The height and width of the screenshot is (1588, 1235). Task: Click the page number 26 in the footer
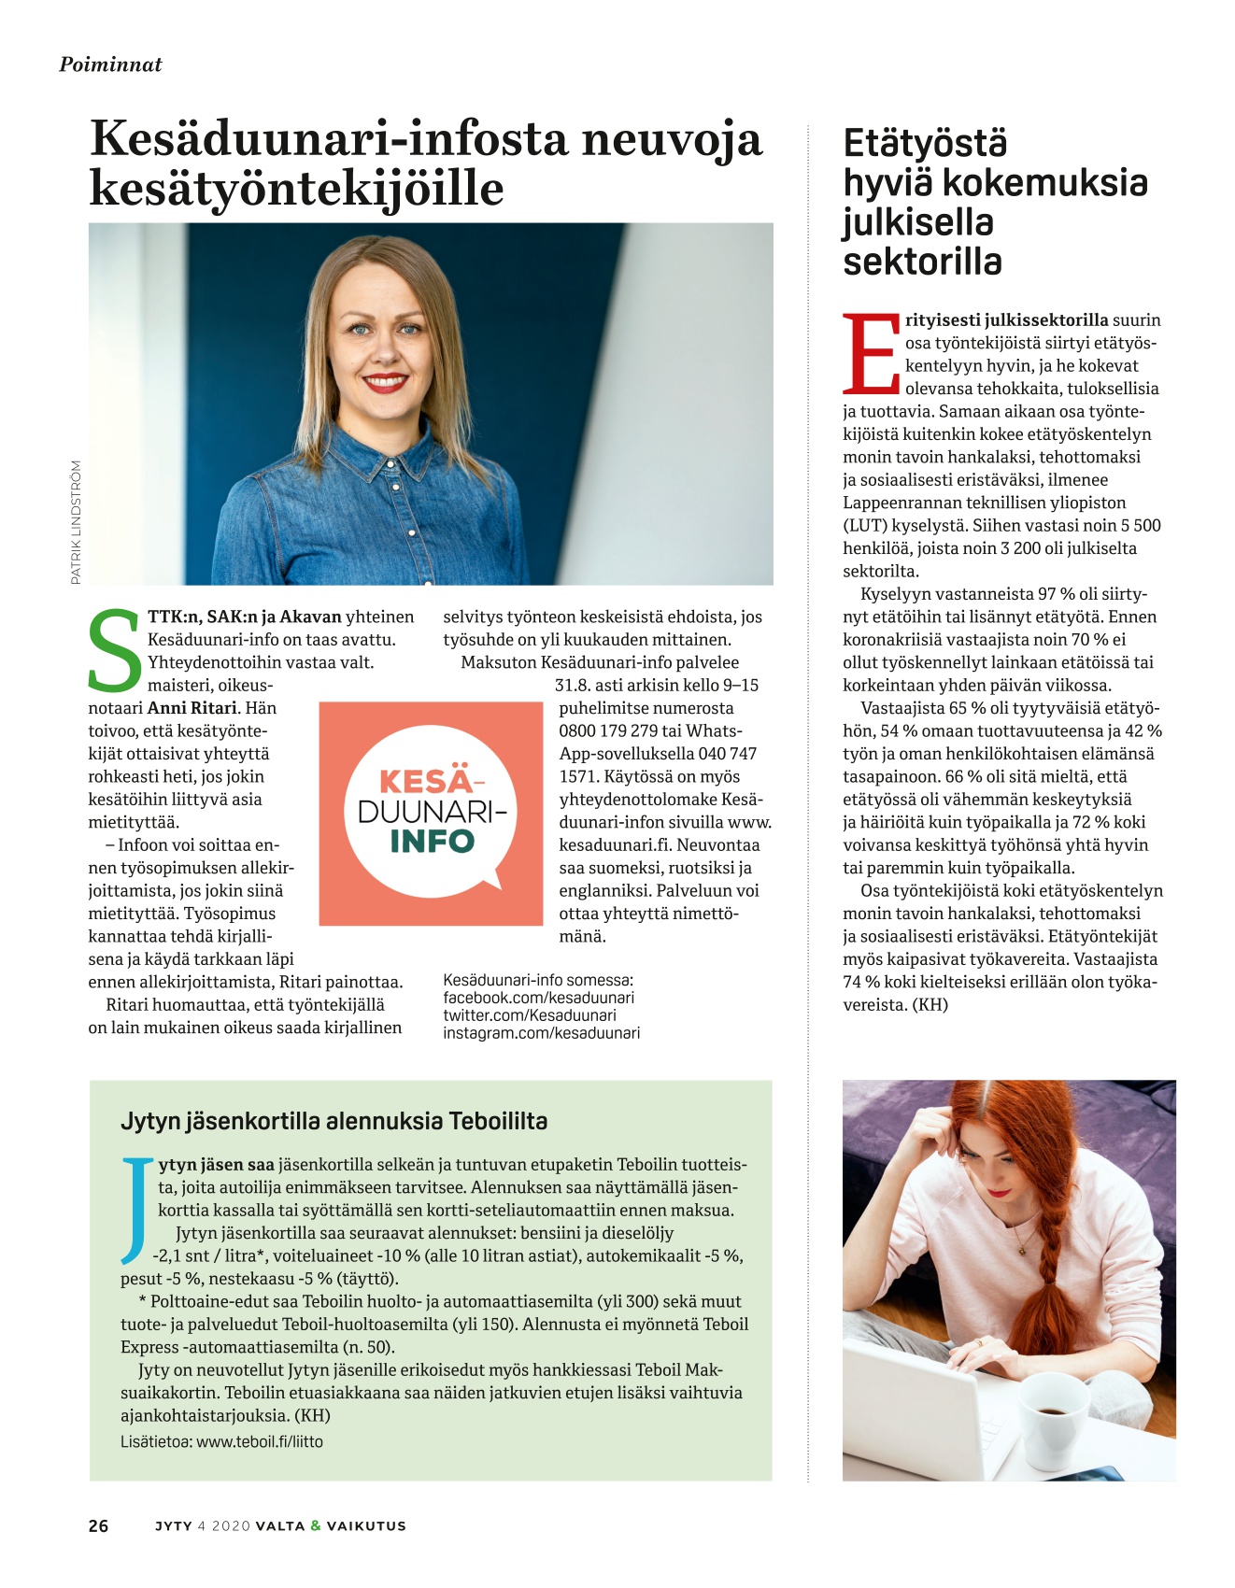coord(98,1525)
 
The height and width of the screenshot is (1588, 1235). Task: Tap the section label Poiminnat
coord(110,64)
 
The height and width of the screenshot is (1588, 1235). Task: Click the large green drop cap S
coord(115,651)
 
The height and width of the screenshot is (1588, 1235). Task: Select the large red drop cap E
coord(871,355)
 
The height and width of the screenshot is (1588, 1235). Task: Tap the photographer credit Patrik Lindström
coord(76,522)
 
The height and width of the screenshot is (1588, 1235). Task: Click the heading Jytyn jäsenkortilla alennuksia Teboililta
coord(334,1121)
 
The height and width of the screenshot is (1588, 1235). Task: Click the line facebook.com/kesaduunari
coord(538,998)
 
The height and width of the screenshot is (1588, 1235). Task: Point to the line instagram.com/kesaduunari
coord(541,1033)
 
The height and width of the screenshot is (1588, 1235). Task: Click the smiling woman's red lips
coord(385,382)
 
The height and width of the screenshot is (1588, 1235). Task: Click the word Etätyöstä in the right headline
coord(925,144)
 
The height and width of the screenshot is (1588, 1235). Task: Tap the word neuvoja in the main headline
coord(672,139)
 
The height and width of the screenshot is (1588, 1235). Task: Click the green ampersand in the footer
coord(316,1525)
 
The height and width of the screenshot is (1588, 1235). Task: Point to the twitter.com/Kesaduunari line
coord(529,1015)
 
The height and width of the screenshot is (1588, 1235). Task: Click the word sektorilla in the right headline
coord(922,262)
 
